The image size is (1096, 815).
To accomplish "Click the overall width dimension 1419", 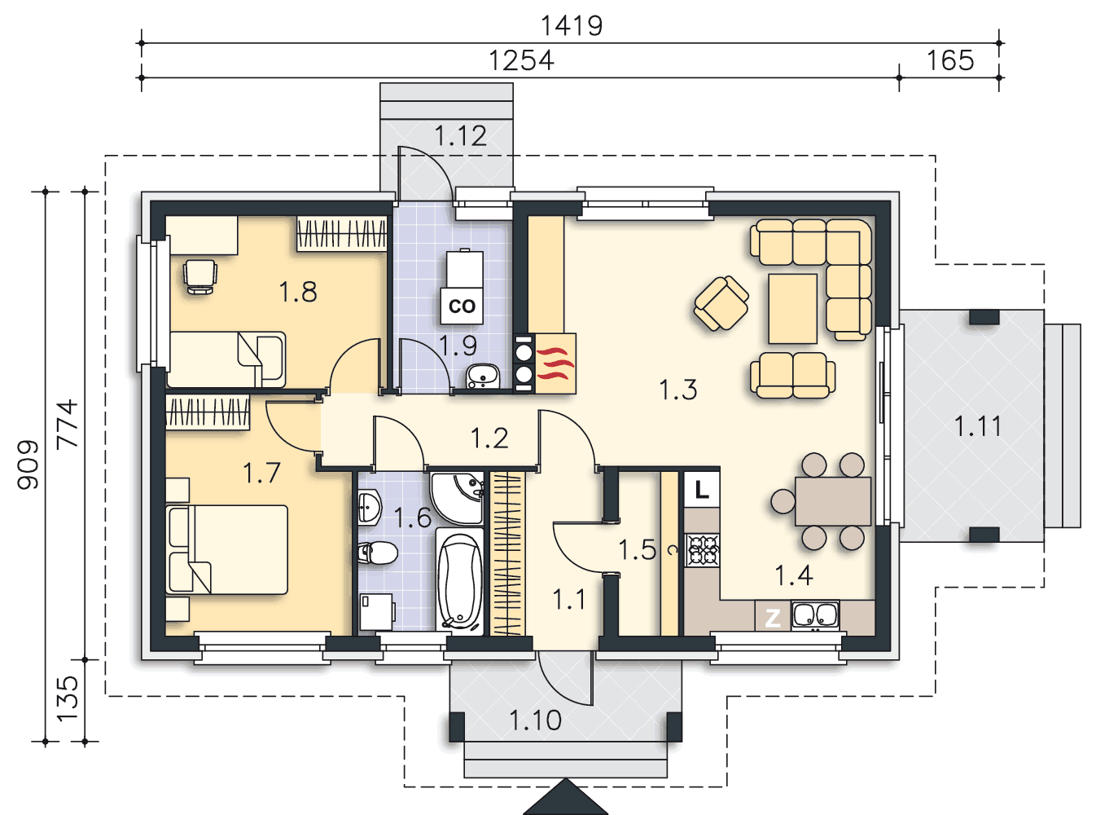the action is pyautogui.click(x=572, y=26).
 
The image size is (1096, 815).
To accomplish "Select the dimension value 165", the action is pyautogui.click(x=949, y=61).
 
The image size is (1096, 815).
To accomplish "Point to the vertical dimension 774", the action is pyautogui.click(x=68, y=424).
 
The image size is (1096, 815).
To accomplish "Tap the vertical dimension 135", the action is pyautogui.click(x=68, y=698).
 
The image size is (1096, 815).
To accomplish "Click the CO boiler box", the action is pyautogui.click(x=462, y=306).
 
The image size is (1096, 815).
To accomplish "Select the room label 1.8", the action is pyautogui.click(x=298, y=292).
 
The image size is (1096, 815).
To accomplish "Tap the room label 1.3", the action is pyautogui.click(x=678, y=390).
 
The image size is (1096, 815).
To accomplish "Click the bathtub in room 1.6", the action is pyautogui.click(x=459, y=581).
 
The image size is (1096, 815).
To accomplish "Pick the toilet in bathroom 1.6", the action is pyautogui.click(x=378, y=553).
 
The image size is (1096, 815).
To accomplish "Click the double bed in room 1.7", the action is pyautogui.click(x=227, y=549).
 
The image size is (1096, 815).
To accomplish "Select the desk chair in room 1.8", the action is pyautogui.click(x=200, y=276).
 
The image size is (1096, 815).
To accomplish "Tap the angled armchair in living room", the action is pyautogui.click(x=721, y=303).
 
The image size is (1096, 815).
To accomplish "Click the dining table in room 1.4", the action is pyautogui.click(x=833, y=501).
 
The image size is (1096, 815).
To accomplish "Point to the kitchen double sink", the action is pyautogui.click(x=815, y=615).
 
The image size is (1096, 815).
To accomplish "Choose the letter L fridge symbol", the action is pyautogui.click(x=702, y=490).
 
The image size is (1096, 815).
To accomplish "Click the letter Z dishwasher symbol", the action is pyautogui.click(x=773, y=618).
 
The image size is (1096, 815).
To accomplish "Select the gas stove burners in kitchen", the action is pyautogui.click(x=702, y=550).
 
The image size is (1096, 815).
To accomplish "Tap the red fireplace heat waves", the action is pyautogui.click(x=555, y=364).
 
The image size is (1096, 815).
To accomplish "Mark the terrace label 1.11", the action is pyautogui.click(x=978, y=426).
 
